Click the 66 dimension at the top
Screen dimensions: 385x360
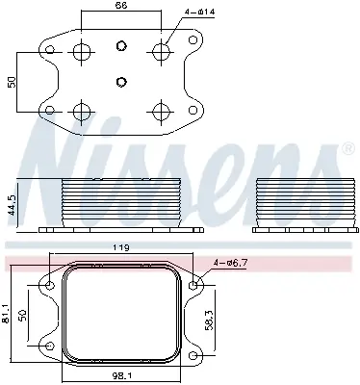click(120, 6)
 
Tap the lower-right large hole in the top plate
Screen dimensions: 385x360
click(159, 109)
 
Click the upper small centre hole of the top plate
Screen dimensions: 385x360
click(120, 46)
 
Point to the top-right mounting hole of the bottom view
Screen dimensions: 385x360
click(194, 286)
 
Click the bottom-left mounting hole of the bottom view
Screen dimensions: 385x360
click(47, 345)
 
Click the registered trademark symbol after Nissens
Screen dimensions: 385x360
click(347, 149)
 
